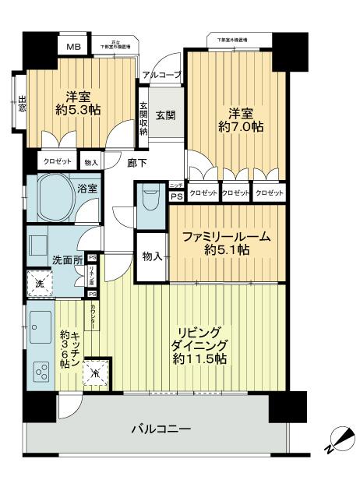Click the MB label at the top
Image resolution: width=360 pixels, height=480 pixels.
click(72, 47)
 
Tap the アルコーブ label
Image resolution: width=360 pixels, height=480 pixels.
click(161, 75)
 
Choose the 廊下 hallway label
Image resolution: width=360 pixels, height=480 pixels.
click(137, 162)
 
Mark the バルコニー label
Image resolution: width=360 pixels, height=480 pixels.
click(161, 428)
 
